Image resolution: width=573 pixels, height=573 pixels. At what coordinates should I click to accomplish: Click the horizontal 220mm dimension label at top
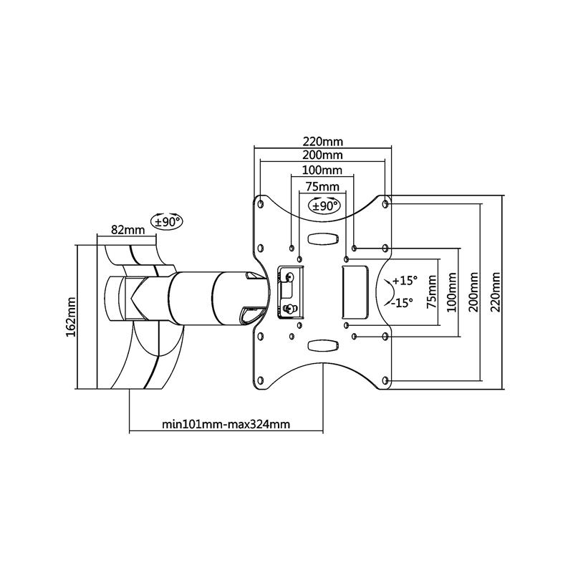[323, 141]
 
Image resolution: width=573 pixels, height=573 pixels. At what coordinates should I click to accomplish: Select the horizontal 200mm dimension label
[323, 155]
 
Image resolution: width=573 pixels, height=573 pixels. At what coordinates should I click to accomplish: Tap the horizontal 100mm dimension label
[322, 170]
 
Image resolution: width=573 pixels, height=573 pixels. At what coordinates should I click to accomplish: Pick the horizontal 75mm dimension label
[322, 187]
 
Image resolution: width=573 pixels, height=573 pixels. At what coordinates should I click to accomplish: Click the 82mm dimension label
[128, 230]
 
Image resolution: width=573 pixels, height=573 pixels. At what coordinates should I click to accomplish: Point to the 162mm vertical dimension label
[71, 317]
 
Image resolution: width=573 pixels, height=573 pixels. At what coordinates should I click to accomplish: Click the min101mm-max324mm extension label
[226, 424]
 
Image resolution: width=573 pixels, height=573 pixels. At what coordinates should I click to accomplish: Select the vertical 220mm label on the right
[496, 292]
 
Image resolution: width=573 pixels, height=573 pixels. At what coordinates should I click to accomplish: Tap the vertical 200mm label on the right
[474, 292]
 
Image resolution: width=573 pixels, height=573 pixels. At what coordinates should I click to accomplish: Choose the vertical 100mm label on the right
[452, 292]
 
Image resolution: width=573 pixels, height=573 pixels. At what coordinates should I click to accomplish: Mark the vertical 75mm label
[432, 292]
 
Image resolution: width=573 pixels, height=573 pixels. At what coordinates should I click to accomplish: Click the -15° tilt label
[402, 303]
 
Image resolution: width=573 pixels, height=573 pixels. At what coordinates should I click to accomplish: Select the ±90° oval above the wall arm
[167, 221]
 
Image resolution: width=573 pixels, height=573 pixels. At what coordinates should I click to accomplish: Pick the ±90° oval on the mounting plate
[324, 206]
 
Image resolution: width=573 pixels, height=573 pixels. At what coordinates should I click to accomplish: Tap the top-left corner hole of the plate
[261, 204]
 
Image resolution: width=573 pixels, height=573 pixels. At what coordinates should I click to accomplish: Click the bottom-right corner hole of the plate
[385, 380]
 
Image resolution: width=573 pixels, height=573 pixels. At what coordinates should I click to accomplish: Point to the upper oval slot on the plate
[322, 239]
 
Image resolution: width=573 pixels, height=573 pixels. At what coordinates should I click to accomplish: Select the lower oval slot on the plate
[322, 345]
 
